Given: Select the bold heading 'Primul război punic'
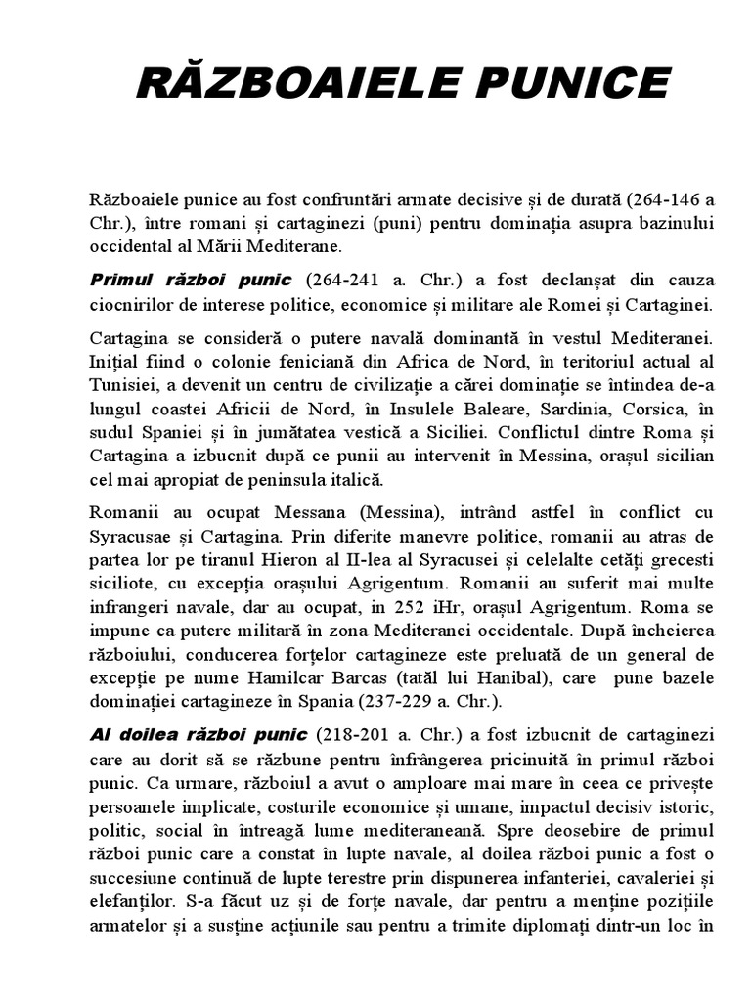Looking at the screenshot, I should coord(192,280).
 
